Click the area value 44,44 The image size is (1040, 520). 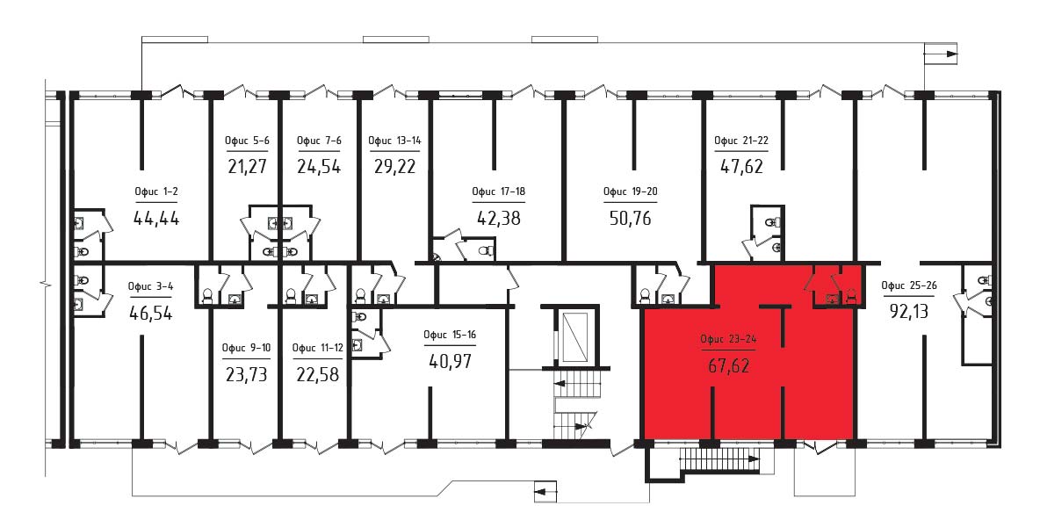point(156,218)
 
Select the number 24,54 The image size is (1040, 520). point(319,166)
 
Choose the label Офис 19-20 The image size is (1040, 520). point(630,192)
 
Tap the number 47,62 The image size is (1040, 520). point(741,166)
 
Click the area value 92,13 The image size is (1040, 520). point(908,310)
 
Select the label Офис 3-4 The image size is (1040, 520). point(150,286)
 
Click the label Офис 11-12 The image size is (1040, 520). point(318,348)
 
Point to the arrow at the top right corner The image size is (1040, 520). point(943,54)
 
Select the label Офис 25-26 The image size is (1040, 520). point(908,285)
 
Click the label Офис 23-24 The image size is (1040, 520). point(728,339)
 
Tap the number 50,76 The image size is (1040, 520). point(630,218)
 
